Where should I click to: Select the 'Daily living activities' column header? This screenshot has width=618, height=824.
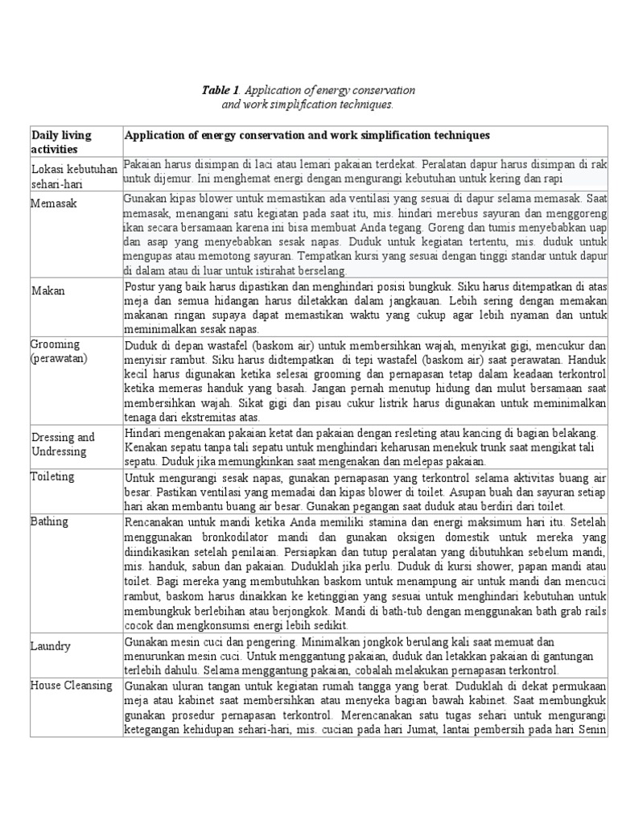coord(61,142)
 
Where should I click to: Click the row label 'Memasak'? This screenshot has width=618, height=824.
coord(54,204)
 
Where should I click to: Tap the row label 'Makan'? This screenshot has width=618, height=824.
coord(48,290)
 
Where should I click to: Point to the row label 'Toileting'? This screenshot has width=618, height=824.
coord(53,476)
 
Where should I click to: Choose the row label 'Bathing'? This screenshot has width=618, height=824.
coord(51,521)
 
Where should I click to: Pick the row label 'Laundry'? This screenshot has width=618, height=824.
coord(51,646)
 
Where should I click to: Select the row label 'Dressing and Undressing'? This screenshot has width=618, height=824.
coord(63,444)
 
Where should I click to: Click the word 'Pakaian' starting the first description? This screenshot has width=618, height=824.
coord(144,163)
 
